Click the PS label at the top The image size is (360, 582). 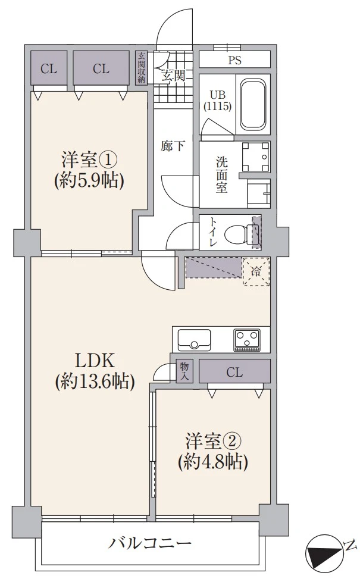[x=234, y=60]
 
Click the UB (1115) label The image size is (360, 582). [x=217, y=101]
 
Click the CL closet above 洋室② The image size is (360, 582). [x=234, y=373]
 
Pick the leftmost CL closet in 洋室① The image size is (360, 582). [x=48, y=68]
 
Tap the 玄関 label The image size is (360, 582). [x=173, y=76]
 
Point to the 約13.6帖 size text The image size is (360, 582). [x=94, y=382]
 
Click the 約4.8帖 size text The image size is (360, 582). [x=212, y=461]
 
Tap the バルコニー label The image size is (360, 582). [x=150, y=543]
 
